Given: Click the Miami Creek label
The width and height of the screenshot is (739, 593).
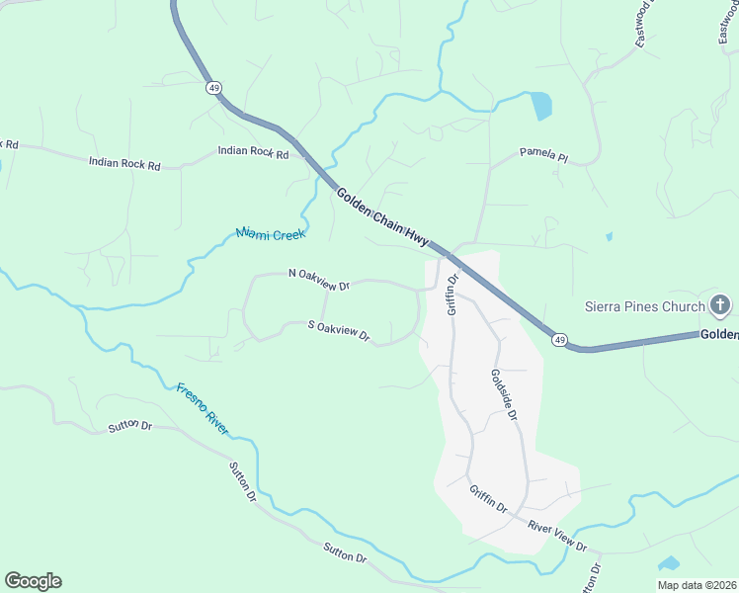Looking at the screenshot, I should (271, 234).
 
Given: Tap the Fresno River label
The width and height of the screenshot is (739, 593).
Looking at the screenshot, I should (203, 409).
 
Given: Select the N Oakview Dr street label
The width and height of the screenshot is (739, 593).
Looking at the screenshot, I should (319, 280).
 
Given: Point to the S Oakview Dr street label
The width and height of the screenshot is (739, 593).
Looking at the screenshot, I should (339, 331).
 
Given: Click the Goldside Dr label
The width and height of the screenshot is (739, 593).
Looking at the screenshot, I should (504, 395).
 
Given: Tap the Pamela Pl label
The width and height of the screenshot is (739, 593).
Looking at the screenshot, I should (544, 155).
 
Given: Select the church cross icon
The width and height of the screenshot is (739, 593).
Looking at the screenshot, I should (719, 304).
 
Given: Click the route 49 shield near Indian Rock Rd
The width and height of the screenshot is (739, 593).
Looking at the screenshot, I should (214, 88).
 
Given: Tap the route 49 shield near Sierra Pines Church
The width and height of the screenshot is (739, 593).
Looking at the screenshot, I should (560, 341).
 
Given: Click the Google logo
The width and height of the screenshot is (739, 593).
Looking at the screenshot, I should (33, 581).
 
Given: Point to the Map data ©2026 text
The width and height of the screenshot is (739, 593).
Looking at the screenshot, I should (696, 584).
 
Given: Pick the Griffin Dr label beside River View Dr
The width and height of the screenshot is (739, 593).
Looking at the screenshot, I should (488, 500).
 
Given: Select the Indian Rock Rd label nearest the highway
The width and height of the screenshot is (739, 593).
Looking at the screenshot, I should (253, 153).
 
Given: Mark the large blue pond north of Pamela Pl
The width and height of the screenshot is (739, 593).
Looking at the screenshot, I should (540, 105).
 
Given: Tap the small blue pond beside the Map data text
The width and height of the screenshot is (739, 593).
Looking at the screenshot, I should (669, 563).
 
